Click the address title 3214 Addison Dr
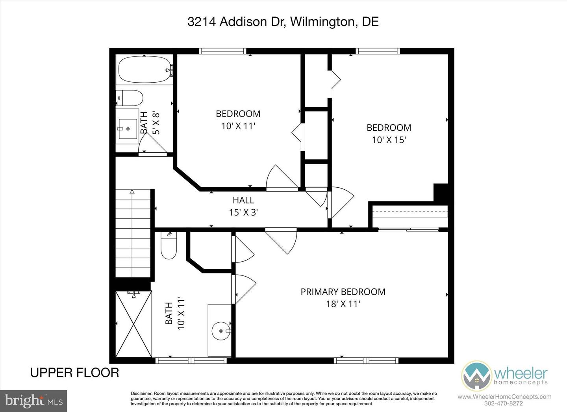click(x=283, y=22)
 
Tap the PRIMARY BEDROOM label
click(x=343, y=292)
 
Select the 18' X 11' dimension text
click(x=343, y=304)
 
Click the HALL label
click(x=243, y=200)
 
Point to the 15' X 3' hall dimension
click(x=243, y=212)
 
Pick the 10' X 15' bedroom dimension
click(x=389, y=140)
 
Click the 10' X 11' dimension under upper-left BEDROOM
click(x=238, y=126)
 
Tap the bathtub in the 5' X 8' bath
click(x=144, y=70)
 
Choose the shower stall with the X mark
click(x=134, y=324)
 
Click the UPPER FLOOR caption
click(x=74, y=372)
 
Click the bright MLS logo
click(x=33, y=401)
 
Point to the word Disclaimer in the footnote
click(x=141, y=394)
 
